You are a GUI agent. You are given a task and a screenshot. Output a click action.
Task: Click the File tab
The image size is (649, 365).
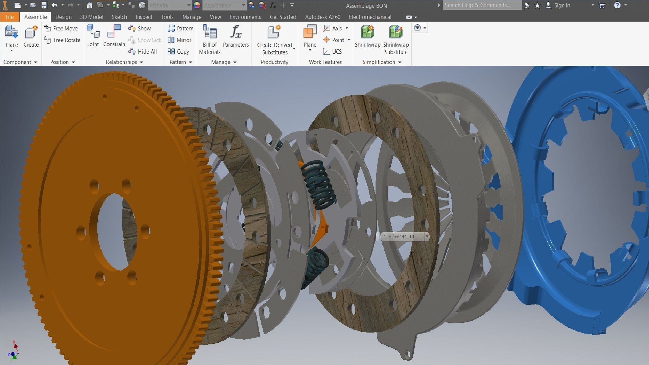click(9, 17)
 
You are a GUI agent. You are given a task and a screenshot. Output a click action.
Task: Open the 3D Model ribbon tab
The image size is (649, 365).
click(91, 17)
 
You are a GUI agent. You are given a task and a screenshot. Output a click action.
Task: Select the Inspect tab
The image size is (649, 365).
click(144, 17)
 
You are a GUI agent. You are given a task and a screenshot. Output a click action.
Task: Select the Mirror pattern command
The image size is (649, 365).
click(180, 40)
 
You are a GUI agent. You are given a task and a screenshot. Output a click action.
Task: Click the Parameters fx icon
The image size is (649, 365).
click(236, 32)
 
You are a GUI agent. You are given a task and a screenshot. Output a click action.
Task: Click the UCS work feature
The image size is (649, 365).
click(333, 51)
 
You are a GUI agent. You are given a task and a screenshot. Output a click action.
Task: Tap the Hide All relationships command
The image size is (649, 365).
click(143, 51)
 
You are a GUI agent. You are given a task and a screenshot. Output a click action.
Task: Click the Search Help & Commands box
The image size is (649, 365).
click(481, 5)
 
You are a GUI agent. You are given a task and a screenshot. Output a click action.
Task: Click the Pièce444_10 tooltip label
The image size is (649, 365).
click(401, 237)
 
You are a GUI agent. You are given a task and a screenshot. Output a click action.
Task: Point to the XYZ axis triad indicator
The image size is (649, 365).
click(14, 351)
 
